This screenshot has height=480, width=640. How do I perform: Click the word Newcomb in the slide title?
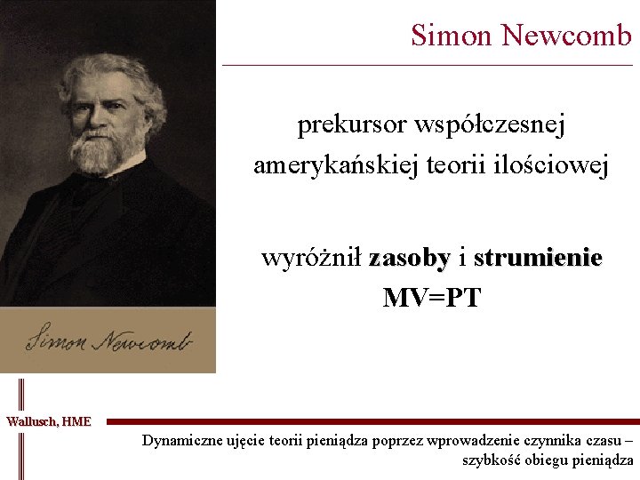566,36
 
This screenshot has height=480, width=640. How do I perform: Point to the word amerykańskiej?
323,165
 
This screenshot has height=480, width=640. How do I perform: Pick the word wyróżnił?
311,259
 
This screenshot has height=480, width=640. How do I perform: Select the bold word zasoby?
409,259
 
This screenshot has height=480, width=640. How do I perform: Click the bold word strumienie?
538,259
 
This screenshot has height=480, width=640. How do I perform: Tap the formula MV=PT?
431,298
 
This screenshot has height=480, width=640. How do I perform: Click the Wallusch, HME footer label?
49,421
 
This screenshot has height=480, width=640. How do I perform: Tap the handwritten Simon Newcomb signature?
107,340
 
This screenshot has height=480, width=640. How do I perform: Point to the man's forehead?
105,84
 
